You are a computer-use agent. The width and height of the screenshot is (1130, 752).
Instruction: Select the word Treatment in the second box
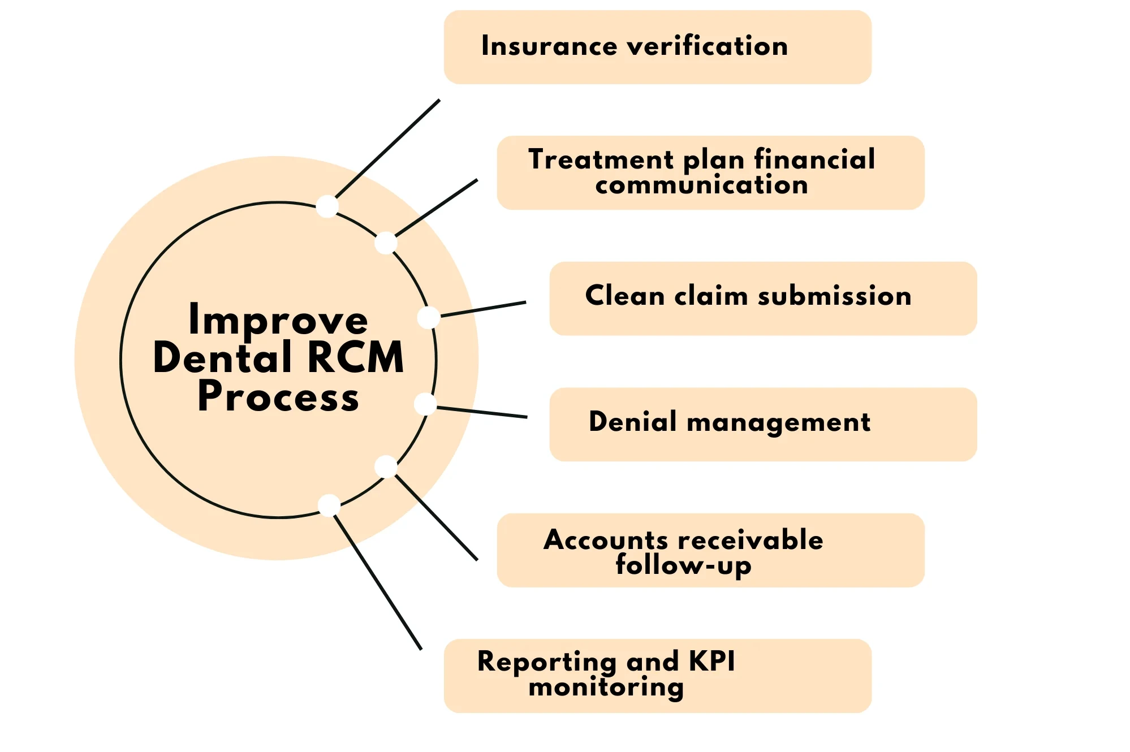point(601,159)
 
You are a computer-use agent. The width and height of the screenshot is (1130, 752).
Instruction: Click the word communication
point(701,185)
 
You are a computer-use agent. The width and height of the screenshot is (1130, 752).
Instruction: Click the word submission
point(834,296)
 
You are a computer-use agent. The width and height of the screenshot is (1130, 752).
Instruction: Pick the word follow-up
point(683,565)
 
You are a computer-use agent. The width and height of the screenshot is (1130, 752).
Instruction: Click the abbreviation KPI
point(711,661)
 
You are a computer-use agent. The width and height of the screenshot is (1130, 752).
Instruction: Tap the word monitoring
point(606,688)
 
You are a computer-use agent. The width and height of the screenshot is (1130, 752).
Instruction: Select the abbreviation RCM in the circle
point(356,358)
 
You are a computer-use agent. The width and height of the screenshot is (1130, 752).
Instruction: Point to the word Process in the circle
point(278,396)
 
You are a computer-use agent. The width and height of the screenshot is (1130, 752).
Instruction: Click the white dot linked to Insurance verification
point(327,206)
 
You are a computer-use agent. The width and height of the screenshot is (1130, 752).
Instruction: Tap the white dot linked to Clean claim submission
point(429,317)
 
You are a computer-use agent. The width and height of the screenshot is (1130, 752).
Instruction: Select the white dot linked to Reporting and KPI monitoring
point(329,505)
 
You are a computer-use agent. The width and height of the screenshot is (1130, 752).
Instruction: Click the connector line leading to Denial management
point(482,412)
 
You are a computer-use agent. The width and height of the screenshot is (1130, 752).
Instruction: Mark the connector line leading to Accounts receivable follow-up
point(437,518)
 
